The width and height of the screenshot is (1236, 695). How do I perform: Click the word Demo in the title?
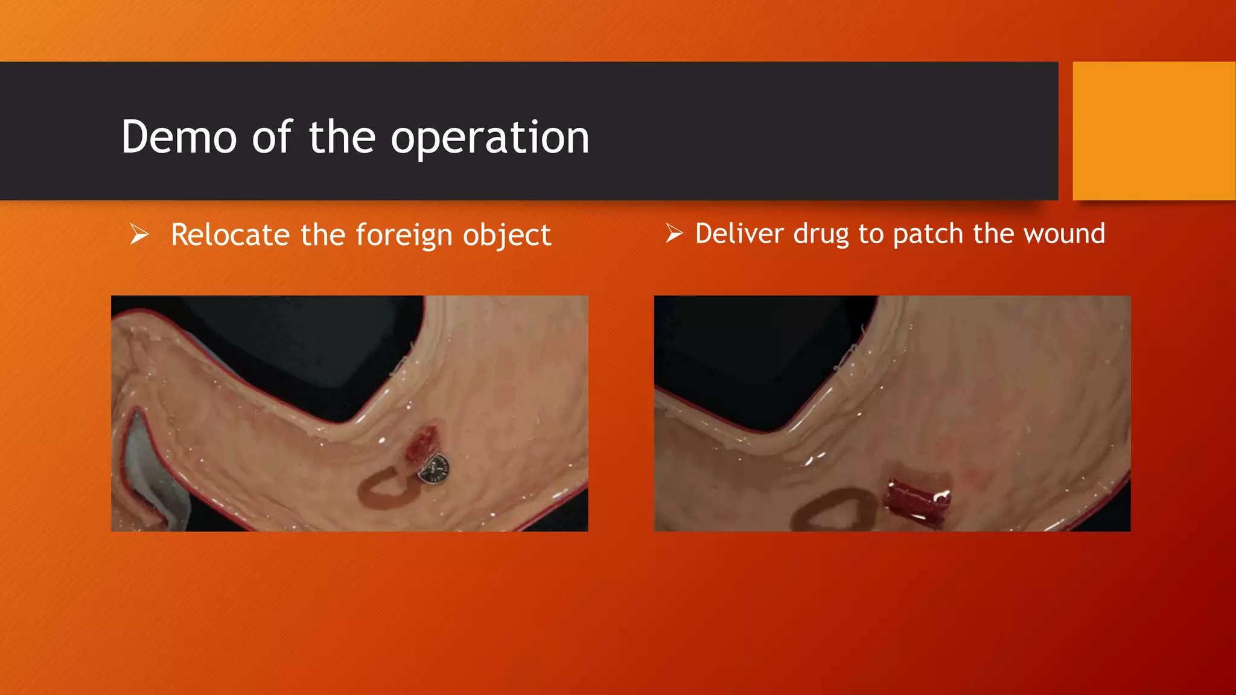(x=179, y=138)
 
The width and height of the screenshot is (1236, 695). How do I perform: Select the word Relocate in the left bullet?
(x=231, y=235)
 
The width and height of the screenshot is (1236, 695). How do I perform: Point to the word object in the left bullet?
(x=507, y=236)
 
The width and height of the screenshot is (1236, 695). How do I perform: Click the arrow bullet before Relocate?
(x=139, y=234)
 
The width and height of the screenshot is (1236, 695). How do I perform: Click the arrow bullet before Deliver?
(x=674, y=233)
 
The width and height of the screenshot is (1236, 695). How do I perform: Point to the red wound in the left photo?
(x=421, y=445)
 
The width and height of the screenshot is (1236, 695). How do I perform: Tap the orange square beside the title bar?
(x=1153, y=131)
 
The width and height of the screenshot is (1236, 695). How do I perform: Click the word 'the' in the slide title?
(x=342, y=138)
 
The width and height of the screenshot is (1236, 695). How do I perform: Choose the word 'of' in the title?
(x=272, y=138)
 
